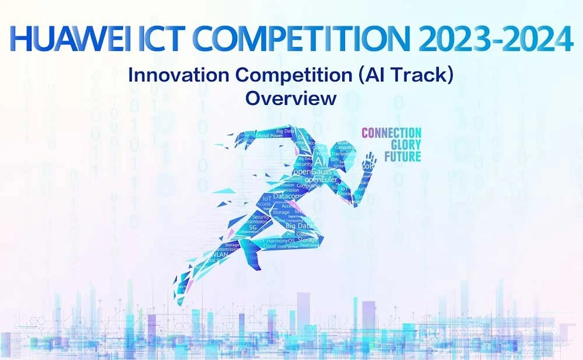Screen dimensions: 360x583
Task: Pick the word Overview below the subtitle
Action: pos(291,98)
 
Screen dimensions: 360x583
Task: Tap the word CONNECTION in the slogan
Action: pos(392,133)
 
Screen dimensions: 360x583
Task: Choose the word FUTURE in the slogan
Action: pos(402,156)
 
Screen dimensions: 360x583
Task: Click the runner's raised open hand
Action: pos(368,160)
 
